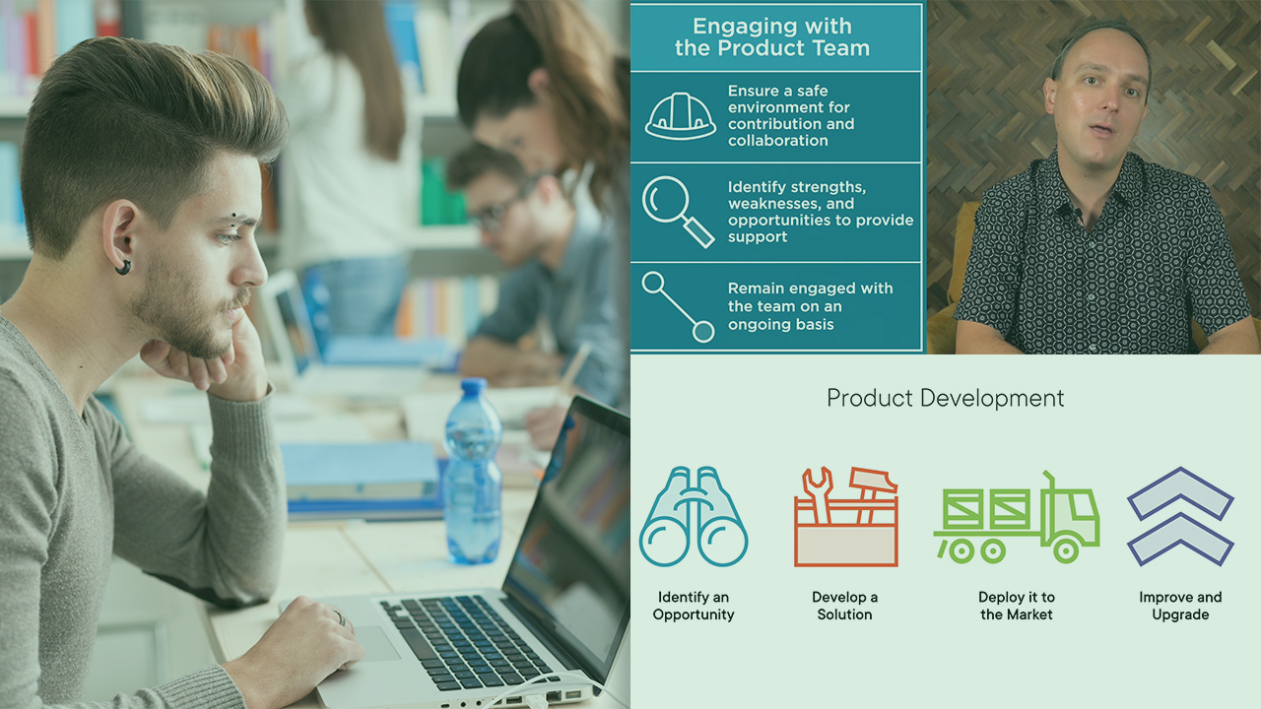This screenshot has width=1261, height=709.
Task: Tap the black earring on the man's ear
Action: coord(123,267)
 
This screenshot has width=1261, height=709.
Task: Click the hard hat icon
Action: coord(680,116)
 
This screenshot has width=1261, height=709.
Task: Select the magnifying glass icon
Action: coord(678,212)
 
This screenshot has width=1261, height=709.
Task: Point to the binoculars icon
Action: coord(693,516)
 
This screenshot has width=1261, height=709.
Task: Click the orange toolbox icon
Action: coord(845,516)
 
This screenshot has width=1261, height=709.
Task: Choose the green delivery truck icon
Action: coord(1017,517)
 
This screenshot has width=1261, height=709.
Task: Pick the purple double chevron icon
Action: coord(1180,516)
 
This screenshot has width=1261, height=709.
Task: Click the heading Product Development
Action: coord(945,398)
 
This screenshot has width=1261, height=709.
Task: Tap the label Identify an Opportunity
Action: coord(693,606)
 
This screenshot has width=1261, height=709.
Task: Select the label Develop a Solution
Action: coord(844,606)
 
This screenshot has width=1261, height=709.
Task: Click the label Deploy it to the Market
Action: coord(1016,606)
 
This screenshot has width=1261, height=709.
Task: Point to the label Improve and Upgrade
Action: coord(1180,606)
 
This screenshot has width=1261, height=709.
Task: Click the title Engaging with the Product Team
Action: coord(772,37)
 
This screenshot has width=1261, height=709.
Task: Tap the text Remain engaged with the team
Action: coord(810,297)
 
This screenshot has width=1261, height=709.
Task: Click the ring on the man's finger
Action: coord(341,617)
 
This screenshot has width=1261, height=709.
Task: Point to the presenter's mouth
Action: coord(1101,130)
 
